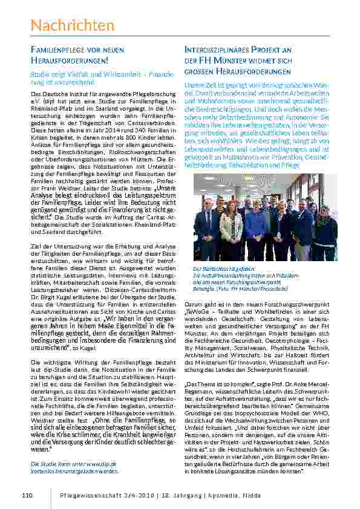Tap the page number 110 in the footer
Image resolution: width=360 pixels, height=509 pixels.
point(26,496)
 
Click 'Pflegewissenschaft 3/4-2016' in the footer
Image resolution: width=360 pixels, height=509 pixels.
point(106,496)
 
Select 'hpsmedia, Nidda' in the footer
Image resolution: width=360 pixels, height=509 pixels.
point(234,496)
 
